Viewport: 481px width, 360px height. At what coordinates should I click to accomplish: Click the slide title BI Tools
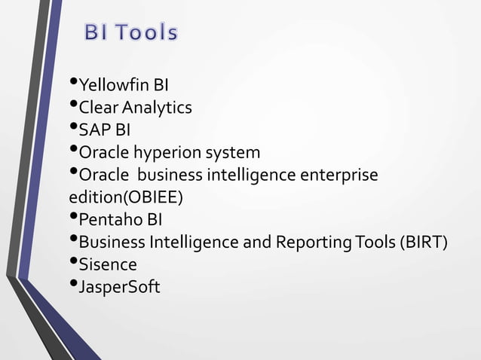(x=131, y=33)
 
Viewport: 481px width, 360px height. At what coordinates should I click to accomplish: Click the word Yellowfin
(x=109, y=85)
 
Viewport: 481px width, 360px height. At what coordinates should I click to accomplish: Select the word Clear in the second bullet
(x=98, y=108)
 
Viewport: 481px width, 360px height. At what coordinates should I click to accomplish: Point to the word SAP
(x=94, y=130)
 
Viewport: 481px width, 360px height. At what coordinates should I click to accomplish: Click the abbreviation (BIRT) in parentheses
(x=424, y=243)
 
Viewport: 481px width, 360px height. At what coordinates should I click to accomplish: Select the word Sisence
(x=108, y=265)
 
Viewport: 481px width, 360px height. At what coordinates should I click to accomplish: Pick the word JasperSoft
(x=119, y=288)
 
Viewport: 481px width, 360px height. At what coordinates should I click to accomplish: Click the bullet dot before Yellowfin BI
(x=72, y=83)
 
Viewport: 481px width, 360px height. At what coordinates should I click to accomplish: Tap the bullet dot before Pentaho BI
(x=72, y=218)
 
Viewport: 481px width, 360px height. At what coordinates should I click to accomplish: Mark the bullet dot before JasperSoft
(x=72, y=285)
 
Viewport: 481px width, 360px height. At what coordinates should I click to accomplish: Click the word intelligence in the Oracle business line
(x=256, y=175)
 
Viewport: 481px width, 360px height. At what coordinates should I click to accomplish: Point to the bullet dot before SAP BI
(x=72, y=128)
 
